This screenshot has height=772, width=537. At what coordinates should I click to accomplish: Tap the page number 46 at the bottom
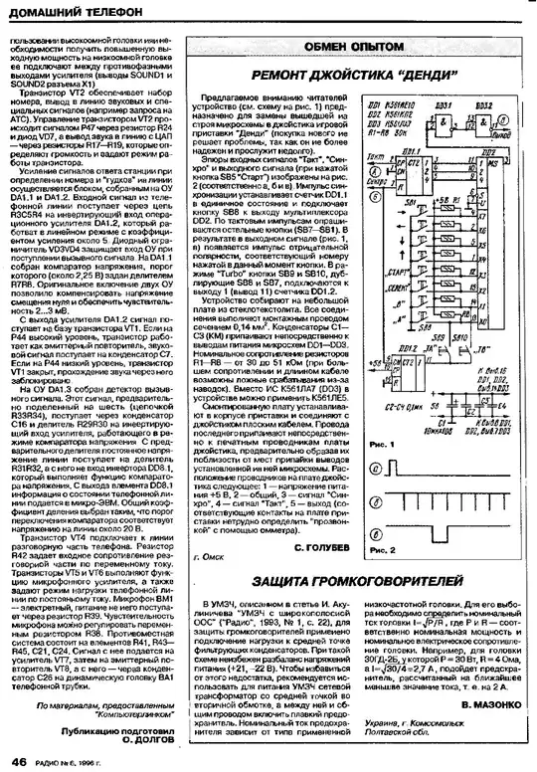[18, 760]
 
